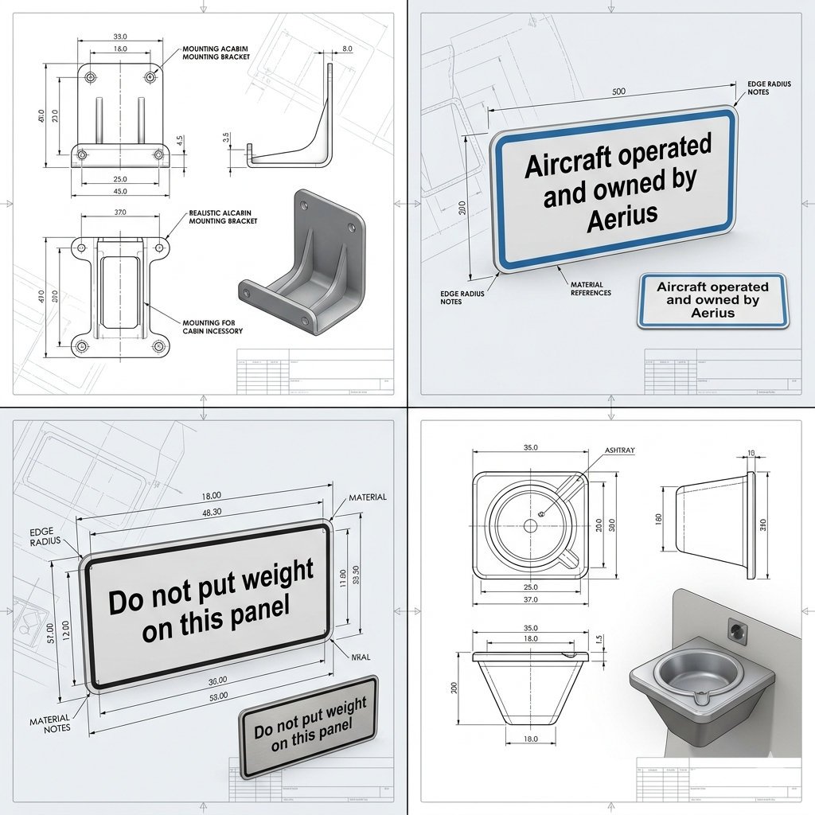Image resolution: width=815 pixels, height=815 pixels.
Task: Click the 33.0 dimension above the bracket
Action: (121, 37)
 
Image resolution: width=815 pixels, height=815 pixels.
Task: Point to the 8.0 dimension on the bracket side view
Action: (347, 49)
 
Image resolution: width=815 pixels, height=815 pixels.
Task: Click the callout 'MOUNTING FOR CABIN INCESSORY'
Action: (213, 326)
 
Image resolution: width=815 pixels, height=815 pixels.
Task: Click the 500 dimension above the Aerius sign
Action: (618, 92)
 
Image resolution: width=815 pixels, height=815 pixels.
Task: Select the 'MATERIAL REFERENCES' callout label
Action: (591, 288)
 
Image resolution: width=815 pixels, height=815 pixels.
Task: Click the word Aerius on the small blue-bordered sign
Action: (713, 313)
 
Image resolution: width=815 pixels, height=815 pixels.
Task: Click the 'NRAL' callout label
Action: (361, 658)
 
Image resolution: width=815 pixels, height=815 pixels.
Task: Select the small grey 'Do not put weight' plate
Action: (309, 726)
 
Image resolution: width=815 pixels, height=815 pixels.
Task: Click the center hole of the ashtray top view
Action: (530, 524)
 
